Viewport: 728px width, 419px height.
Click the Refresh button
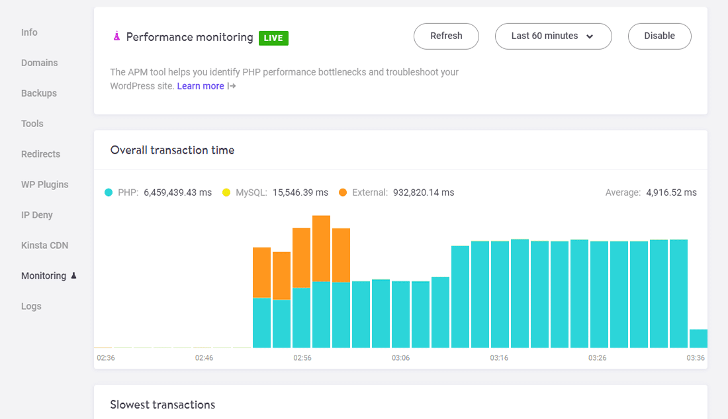446,36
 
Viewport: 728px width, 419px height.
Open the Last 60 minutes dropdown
553,36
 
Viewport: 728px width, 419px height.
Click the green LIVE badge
273,38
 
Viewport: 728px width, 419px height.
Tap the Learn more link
201,86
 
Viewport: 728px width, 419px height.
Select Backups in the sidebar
39,93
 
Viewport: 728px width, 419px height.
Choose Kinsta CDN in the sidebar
44,246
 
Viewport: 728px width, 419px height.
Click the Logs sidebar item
31,306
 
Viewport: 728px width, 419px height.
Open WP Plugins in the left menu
44,185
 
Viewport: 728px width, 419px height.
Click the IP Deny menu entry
37,215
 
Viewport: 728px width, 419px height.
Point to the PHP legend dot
109,193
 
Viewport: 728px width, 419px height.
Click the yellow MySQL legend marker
226,193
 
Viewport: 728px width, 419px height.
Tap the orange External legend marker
343,193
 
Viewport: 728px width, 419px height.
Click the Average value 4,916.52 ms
671,193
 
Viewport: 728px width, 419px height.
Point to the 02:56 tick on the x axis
302,357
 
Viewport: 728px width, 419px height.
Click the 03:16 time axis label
499,357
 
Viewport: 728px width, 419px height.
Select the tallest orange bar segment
321,248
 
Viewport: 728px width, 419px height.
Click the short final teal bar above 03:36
698,338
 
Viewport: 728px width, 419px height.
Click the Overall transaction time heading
172,150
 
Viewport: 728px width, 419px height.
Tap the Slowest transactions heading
162,404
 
